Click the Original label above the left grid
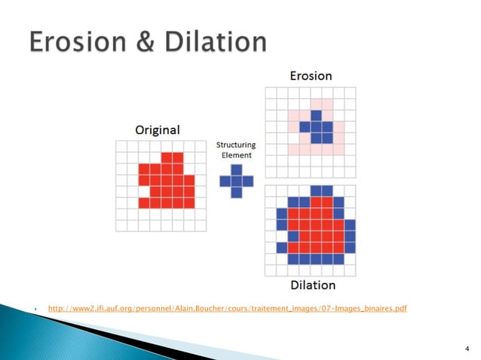coord(157,130)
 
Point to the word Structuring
coord(236,145)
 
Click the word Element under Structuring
coord(236,155)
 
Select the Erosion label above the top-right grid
coord(311,75)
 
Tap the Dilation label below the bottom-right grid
coord(312,285)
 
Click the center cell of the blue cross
coord(236,181)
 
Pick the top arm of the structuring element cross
coord(236,170)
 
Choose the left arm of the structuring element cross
coord(225,181)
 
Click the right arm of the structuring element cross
coord(247,181)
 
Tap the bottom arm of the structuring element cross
coord(236,192)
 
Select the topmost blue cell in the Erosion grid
coord(316,115)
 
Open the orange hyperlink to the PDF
coord(227,309)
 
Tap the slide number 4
coord(467,348)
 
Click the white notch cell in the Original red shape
coord(143,193)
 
